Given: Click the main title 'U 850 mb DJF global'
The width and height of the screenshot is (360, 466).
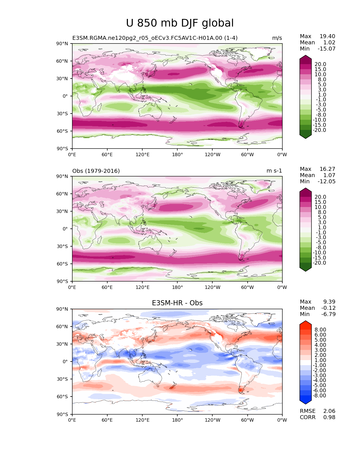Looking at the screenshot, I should (x=180, y=23).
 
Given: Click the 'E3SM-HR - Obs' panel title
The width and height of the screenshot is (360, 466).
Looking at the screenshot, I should (x=177, y=303).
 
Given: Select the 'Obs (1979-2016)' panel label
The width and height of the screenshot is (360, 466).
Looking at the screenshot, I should (x=96, y=171).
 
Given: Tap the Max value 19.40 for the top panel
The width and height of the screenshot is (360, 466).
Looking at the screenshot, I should (x=327, y=36).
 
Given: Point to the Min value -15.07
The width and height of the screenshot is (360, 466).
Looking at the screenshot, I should (x=326, y=49).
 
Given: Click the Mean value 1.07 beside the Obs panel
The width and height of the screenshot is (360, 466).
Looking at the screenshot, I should (x=329, y=175).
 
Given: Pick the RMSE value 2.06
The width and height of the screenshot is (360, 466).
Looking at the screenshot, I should (x=329, y=411).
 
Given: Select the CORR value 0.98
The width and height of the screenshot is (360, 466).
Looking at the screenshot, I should (x=329, y=417).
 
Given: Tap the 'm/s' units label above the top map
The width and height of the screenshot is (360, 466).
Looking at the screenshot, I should (x=277, y=38).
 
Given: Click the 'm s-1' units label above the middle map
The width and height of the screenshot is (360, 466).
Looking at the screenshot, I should (x=274, y=171).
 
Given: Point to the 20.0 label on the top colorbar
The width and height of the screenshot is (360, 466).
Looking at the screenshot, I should (x=320, y=64).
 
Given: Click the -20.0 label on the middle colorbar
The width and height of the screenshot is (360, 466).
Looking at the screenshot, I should (x=319, y=263).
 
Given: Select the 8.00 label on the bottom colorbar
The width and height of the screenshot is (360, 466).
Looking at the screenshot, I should (x=320, y=330).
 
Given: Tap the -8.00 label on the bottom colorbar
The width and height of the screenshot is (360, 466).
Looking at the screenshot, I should (x=319, y=396).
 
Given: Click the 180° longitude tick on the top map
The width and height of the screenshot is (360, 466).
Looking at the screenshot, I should (x=177, y=155).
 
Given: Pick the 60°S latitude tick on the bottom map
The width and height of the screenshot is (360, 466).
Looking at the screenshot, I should (x=64, y=397).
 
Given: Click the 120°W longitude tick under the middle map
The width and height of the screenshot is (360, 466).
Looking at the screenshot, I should (x=213, y=288).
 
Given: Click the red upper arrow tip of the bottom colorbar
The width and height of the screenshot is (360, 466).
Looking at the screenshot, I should (x=306, y=323).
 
